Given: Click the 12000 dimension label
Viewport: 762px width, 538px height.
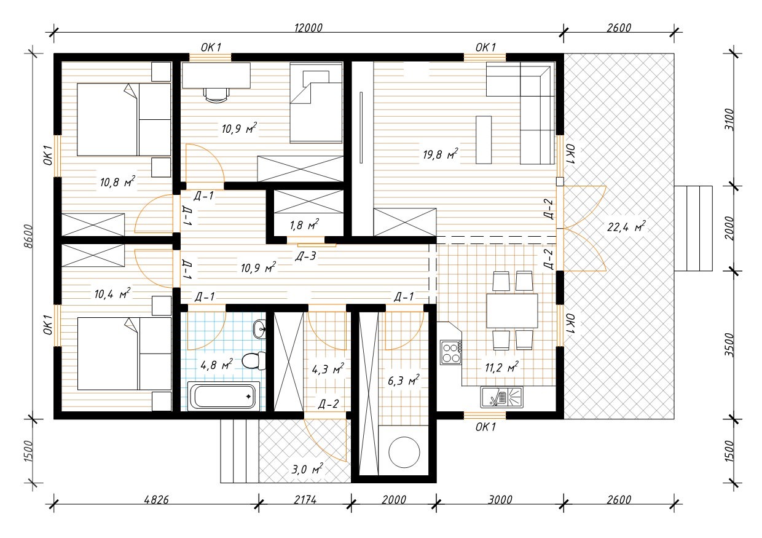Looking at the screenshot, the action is pyautogui.click(x=308, y=28).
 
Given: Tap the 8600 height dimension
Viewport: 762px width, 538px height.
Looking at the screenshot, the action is pyautogui.click(x=28, y=236).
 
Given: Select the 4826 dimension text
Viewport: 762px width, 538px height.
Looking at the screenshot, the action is pyautogui.click(x=157, y=499).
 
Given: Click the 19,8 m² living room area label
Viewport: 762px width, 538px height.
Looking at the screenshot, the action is pyautogui.click(x=440, y=154).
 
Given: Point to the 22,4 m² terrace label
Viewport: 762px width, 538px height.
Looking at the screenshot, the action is pyautogui.click(x=626, y=226).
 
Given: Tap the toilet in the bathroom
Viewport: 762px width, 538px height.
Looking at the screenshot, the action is pyautogui.click(x=254, y=360).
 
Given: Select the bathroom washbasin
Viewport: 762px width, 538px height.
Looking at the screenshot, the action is pyautogui.click(x=260, y=329).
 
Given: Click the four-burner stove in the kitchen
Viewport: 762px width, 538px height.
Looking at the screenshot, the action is pyautogui.click(x=450, y=352).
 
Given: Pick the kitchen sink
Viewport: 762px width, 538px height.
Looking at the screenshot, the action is pyautogui.click(x=502, y=397).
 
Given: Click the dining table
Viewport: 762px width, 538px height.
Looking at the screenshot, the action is pyautogui.click(x=512, y=311).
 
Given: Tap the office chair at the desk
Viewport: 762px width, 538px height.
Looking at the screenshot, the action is pyautogui.click(x=216, y=95).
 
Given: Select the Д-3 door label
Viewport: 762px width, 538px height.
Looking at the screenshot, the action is pyautogui.click(x=305, y=256).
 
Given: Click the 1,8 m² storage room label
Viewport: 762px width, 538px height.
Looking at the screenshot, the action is pyautogui.click(x=304, y=224).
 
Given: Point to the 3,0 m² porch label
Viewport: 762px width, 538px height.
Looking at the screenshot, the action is pyautogui.click(x=307, y=469).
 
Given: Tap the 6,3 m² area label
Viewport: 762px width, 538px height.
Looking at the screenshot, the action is pyautogui.click(x=404, y=380).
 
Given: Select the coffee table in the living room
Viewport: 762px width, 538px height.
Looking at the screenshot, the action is pyautogui.click(x=484, y=140).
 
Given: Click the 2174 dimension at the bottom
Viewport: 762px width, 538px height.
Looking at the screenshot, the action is pyautogui.click(x=305, y=499).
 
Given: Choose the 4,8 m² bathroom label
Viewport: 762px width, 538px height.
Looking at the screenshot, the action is pyautogui.click(x=217, y=365).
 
